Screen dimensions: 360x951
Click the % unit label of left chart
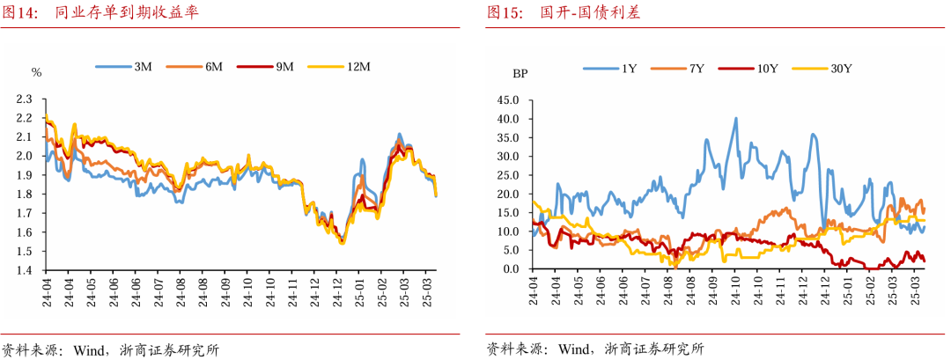tap(36, 72)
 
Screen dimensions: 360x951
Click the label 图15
tap(505, 13)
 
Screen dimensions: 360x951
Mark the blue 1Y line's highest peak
tap(735, 119)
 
